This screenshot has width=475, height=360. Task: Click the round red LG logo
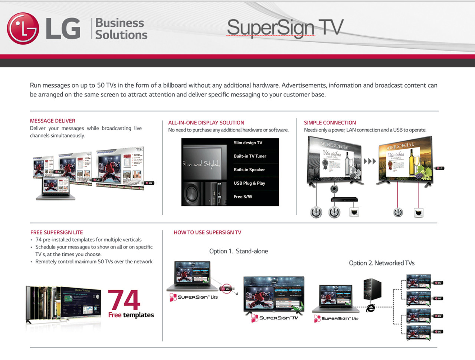pyautogui.click(x=23, y=29)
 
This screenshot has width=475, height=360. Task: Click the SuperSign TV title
pyautogui.click(x=285, y=28)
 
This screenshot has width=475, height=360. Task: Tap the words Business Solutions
pyautogui.click(x=121, y=29)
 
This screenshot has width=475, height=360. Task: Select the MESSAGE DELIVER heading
pyautogui.click(x=53, y=121)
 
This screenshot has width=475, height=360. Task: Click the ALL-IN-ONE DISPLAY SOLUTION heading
pyautogui.click(x=206, y=123)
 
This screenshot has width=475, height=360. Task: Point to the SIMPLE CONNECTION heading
pyautogui.click(x=330, y=123)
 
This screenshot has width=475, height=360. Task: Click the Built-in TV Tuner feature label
pyautogui.click(x=250, y=156)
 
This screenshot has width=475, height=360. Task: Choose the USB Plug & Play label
pyautogui.click(x=249, y=183)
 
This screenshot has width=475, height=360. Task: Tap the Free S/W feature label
pyautogui.click(x=243, y=197)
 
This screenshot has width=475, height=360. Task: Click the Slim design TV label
pyautogui.click(x=248, y=143)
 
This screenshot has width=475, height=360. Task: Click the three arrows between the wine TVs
pyautogui.click(x=370, y=161)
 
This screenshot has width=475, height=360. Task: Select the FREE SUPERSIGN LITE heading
pyautogui.click(x=57, y=232)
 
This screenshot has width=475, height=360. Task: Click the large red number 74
pyautogui.click(x=124, y=300)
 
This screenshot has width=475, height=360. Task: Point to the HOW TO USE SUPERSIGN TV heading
pyautogui.click(x=207, y=232)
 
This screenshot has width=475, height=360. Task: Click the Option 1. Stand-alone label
pyautogui.click(x=239, y=251)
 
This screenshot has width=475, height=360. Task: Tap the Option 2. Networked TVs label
pyautogui.click(x=381, y=263)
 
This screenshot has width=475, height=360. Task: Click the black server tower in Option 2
pyautogui.click(x=372, y=289)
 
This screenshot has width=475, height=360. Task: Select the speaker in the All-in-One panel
pyautogui.click(x=193, y=194)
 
